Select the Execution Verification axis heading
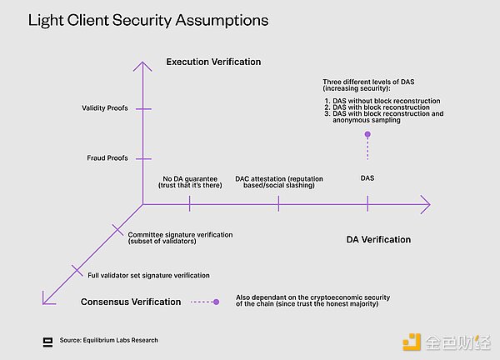coord(212,62)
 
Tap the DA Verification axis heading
coord(378,240)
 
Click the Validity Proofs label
coord(105,109)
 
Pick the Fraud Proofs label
coord(107,157)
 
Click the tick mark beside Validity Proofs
coord(143,109)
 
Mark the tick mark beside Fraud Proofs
coord(143,157)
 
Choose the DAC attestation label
coord(278,182)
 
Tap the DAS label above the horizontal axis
coord(367,178)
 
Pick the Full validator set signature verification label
coord(148,275)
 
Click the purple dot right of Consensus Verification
coord(216,302)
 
